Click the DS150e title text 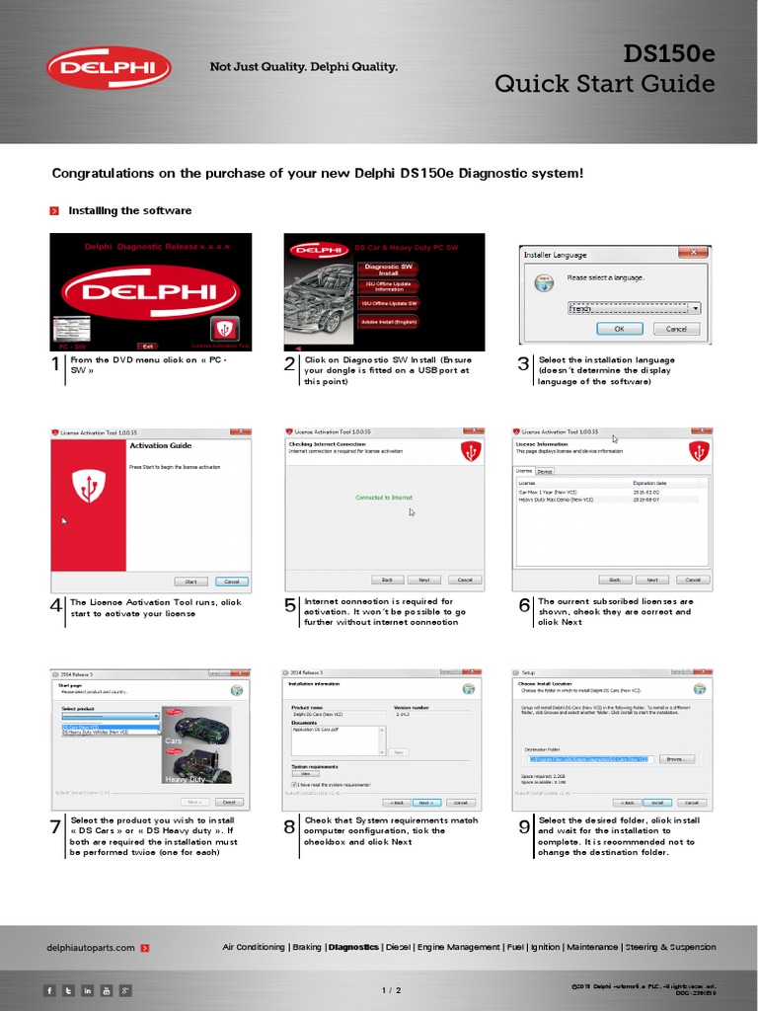pyautogui.click(x=668, y=53)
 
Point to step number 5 pyautogui.click(x=290, y=606)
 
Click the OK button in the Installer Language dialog pyautogui.click(x=619, y=329)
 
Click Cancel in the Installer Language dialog pyautogui.click(x=676, y=329)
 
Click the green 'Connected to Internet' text pyautogui.click(x=385, y=498)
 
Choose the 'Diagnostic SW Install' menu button pyautogui.click(x=388, y=269)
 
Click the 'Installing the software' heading pyautogui.click(x=129, y=210)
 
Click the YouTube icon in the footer pyautogui.click(x=107, y=990)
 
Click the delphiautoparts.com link pyautogui.click(x=91, y=948)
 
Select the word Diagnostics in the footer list pyautogui.click(x=353, y=948)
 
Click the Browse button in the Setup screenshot pyautogui.click(x=674, y=759)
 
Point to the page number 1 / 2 pyautogui.click(x=391, y=990)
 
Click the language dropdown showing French pyautogui.click(x=634, y=308)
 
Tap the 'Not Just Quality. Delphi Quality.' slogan pyautogui.click(x=303, y=67)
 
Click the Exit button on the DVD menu pyautogui.click(x=148, y=347)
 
